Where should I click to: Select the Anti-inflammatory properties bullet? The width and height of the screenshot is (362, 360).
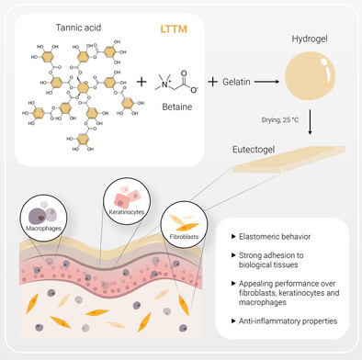click(284, 321)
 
